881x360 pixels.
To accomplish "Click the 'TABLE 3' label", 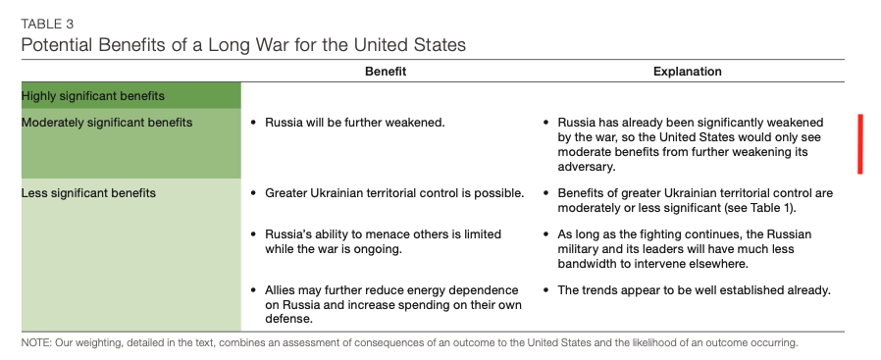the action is (47, 25).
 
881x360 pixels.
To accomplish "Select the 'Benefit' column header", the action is (386, 72).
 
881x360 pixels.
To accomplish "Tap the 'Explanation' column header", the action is (687, 72).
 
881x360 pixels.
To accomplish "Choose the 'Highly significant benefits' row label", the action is (92, 96).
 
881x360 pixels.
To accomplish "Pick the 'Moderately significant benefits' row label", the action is (107, 123).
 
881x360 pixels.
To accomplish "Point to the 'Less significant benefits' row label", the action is (88, 193).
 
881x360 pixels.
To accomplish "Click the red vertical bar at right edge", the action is (860, 144).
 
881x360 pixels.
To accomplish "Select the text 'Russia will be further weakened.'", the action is (355, 123).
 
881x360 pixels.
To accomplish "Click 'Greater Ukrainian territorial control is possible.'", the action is (394, 193).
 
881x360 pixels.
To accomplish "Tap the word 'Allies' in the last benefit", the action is (281, 290).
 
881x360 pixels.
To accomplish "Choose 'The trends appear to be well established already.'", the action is (694, 290).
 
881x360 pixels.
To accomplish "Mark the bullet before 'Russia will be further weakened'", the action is (253, 123).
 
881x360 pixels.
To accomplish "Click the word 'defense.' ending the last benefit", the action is (288, 319).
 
